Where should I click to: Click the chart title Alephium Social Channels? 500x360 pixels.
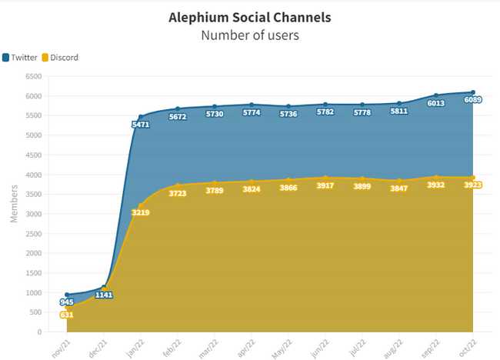click(x=249, y=18)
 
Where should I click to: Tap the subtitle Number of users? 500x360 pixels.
click(x=249, y=35)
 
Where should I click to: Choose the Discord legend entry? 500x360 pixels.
click(x=60, y=58)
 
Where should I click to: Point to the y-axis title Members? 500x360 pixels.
click(x=13, y=203)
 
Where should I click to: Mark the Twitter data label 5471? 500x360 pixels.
click(x=141, y=125)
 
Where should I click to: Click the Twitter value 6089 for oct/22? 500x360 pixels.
click(x=472, y=100)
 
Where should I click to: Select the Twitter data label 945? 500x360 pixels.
click(x=67, y=302)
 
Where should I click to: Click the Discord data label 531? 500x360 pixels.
click(x=67, y=315)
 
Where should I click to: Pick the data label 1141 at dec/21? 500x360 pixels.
click(x=104, y=295)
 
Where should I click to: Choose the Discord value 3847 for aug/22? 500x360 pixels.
click(x=399, y=188)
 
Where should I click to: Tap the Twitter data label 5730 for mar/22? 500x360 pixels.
click(x=215, y=115)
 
